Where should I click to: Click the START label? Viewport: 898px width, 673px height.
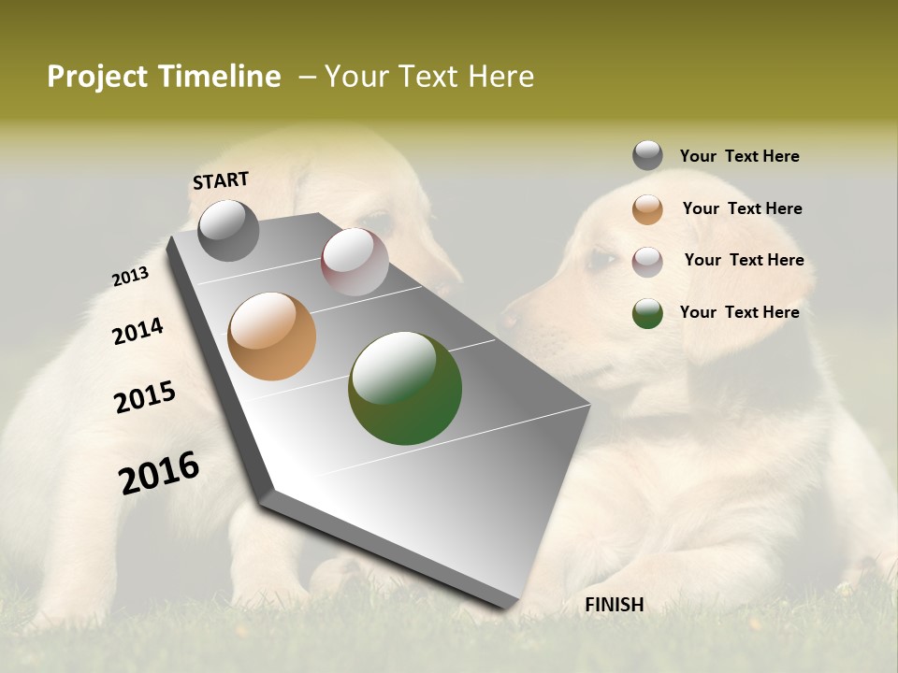(x=221, y=180)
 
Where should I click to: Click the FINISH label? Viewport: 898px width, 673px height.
(x=614, y=605)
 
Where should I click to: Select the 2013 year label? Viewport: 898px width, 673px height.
(x=130, y=277)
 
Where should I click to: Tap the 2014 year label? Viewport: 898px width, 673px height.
(x=138, y=331)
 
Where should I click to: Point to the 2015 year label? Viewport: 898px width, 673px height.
(x=144, y=397)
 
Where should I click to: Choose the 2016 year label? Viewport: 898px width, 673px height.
(x=159, y=472)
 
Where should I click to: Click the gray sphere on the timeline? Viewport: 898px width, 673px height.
(x=228, y=230)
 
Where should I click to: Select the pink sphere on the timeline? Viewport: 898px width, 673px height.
(x=355, y=261)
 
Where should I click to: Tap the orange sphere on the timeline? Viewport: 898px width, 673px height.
(x=271, y=336)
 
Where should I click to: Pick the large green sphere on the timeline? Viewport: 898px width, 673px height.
(x=405, y=388)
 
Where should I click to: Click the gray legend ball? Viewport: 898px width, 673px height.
(x=647, y=155)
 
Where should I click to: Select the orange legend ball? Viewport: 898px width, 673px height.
(x=647, y=209)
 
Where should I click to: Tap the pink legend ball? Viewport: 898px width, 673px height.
(x=647, y=262)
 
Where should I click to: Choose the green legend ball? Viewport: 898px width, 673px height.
(x=647, y=313)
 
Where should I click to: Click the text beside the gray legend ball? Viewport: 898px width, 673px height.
(x=739, y=156)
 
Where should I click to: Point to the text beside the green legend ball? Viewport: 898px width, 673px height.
(x=739, y=312)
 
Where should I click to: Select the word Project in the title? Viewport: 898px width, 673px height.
(x=97, y=77)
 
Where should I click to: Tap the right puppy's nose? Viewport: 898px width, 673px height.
(x=510, y=317)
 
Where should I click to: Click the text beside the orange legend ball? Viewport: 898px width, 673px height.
(x=742, y=208)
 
